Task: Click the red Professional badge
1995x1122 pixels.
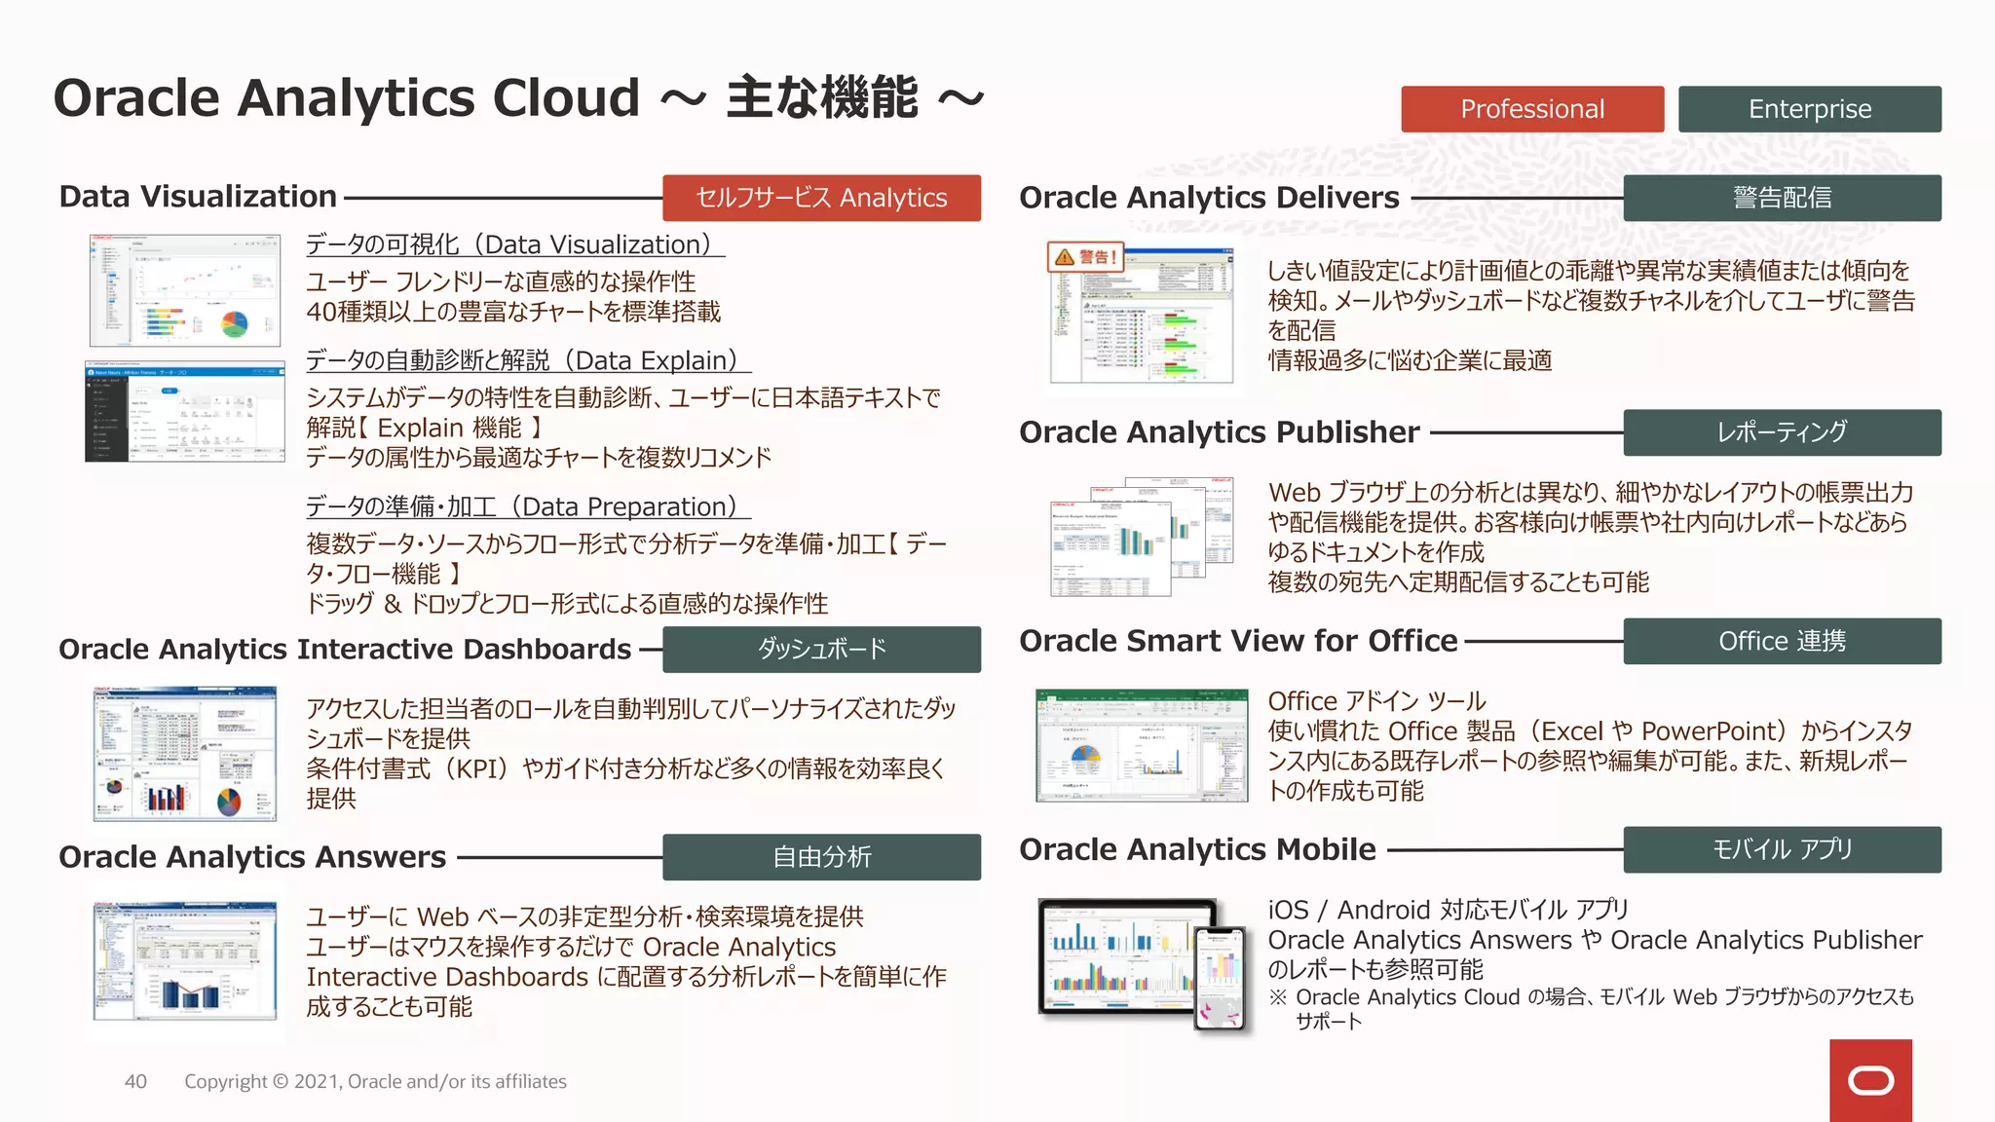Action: pyautogui.click(x=1531, y=109)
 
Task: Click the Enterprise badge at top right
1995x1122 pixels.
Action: pyautogui.click(x=1809, y=109)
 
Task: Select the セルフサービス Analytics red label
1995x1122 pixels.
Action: pyautogui.click(x=821, y=198)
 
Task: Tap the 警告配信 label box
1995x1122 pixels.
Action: pyautogui.click(x=1782, y=198)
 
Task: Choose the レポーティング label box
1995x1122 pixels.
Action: pyautogui.click(x=1782, y=431)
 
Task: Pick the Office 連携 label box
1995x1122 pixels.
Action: pyautogui.click(x=1782, y=641)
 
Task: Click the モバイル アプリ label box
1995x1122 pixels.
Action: pyautogui.click(x=1782, y=849)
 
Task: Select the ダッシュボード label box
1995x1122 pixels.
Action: pyautogui.click(x=821, y=649)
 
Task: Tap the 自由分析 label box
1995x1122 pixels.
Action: pyautogui.click(x=821, y=857)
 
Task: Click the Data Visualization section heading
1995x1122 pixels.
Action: pyautogui.click(x=198, y=197)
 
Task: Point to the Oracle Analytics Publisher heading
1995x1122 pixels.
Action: pyautogui.click(x=1219, y=432)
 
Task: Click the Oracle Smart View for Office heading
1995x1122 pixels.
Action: pyautogui.click(x=1238, y=641)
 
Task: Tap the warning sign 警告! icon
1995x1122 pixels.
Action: pyautogui.click(x=1084, y=257)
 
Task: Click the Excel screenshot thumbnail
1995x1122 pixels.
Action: pyautogui.click(x=1141, y=745)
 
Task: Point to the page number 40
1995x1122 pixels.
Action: pyautogui.click(x=135, y=1081)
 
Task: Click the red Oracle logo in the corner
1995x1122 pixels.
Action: pyautogui.click(x=1870, y=1081)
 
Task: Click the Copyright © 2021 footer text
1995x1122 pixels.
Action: pyautogui.click(x=375, y=1081)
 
